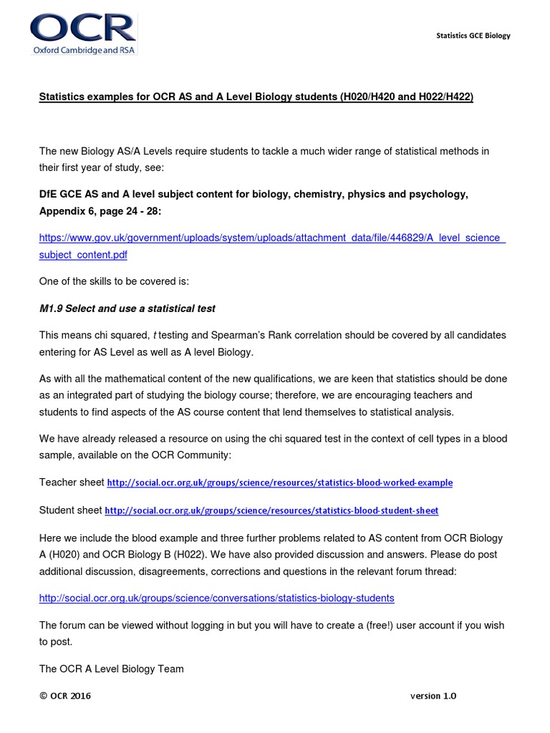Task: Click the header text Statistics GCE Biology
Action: click(x=473, y=36)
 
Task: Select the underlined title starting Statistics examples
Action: click(x=256, y=97)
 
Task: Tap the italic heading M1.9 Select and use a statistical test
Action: click(x=127, y=309)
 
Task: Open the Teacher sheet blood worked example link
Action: click(x=279, y=483)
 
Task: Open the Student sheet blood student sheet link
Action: click(x=271, y=511)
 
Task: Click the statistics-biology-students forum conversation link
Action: click(x=216, y=598)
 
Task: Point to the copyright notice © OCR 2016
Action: click(x=65, y=696)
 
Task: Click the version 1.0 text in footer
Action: click(x=433, y=696)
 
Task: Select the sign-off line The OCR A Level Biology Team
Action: click(x=111, y=669)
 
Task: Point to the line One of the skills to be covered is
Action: click(x=114, y=281)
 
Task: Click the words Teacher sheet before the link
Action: click(x=71, y=482)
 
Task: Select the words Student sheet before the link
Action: click(x=70, y=510)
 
